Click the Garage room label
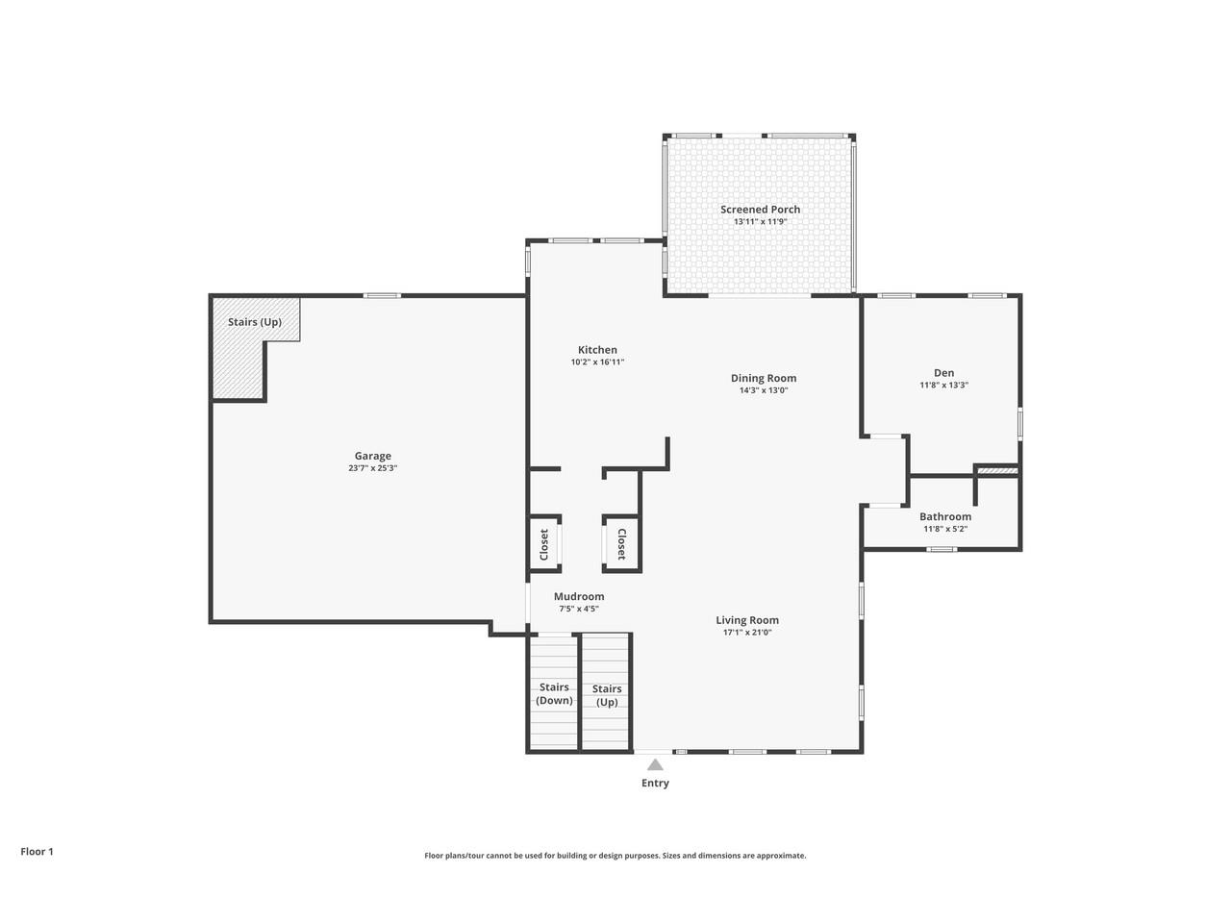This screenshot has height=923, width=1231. (x=372, y=456)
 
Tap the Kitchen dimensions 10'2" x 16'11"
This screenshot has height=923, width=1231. (x=597, y=362)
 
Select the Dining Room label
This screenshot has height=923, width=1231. (x=764, y=378)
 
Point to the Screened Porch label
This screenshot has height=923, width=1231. (x=760, y=209)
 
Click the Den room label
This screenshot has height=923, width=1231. (x=943, y=373)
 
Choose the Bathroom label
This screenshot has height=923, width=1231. (x=944, y=516)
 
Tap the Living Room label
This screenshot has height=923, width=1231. (x=746, y=620)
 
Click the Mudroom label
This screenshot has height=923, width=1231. (x=579, y=596)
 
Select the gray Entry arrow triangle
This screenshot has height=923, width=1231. (x=655, y=765)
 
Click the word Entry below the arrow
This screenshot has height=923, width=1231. (x=655, y=783)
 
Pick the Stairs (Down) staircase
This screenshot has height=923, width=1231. (x=553, y=693)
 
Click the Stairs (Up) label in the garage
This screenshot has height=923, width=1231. (x=255, y=322)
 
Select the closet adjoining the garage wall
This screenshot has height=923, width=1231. (x=544, y=544)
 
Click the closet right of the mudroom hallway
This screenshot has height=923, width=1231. (x=621, y=544)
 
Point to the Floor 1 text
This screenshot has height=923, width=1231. (x=37, y=851)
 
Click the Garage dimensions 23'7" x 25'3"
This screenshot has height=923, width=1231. (x=372, y=468)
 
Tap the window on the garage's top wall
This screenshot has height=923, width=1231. (x=382, y=295)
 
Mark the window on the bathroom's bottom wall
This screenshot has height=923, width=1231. (x=942, y=549)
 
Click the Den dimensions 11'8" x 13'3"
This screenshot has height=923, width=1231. (x=943, y=385)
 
